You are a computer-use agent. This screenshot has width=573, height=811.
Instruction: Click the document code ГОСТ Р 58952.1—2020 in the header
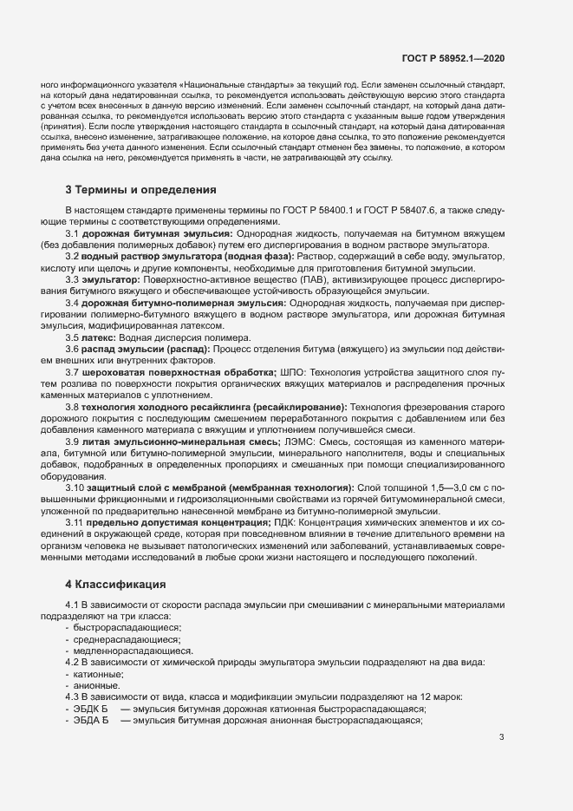(x=453, y=58)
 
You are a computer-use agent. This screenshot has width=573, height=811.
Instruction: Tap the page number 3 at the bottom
(x=501, y=737)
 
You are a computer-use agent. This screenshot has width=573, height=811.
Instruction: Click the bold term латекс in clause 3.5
(x=98, y=337)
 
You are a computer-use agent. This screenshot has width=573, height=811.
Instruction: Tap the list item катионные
(x=99, y=673)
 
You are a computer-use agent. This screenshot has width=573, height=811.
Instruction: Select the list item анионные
(x=97, y=684)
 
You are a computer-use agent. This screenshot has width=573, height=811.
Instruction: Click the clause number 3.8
(x=72, y=407)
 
